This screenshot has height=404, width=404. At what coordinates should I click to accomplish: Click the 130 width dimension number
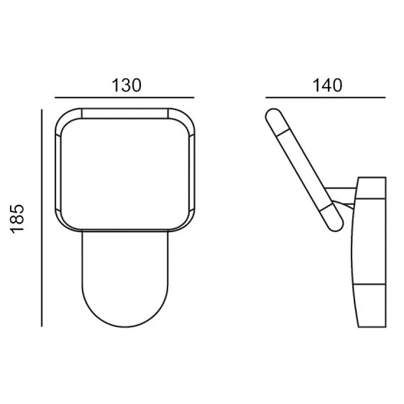pyautogui.click(x=127, y=86)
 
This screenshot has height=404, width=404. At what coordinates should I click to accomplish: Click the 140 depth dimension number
pyautogui.click(x=328, y=86)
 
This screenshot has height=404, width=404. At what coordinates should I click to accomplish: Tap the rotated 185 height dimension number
pyautogui.click(x=17, y=219)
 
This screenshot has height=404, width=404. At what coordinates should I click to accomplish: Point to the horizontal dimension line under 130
pyautogui.click(x=124, y=98)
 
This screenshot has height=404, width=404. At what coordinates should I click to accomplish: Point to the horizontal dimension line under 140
pyautogui.click(x=326, y=98)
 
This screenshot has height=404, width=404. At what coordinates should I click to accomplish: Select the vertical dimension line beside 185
pyautogui.click(x=42, y=218)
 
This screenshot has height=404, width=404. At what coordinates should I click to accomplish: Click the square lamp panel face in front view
pyautogui.click(x=125, y=174)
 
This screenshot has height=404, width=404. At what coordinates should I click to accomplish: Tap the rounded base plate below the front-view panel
pyautogui.click(x=125, y=279)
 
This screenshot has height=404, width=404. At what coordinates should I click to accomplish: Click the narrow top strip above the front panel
pyautogui.click(x=124, y=114)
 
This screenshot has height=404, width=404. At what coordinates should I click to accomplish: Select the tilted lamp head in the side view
pyautogui.click(x=304, y=170)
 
